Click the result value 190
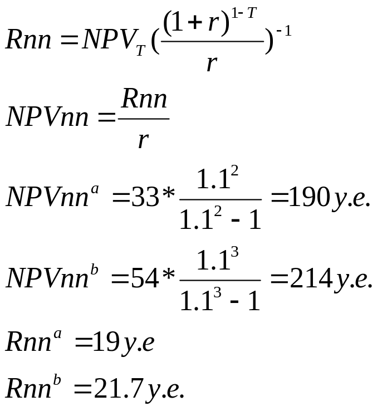pos(309,197)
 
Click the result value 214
pos(311,277)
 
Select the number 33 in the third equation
pos(145,197)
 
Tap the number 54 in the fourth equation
pos(145,277)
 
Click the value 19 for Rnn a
pos(106,341)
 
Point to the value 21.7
pos(118,388)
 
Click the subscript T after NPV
pos(141,50)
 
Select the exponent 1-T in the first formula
pos(244,13)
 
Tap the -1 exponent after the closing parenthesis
pos(284,31)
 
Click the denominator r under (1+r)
pos(212,63)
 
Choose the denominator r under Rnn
pos(144,140)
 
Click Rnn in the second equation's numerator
pos(144,98)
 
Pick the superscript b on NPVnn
pos(94,270)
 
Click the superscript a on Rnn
pos(57,335)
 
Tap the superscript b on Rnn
pos(57,380)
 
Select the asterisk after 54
pos(168,275)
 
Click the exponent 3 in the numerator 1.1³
pos(234,252)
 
